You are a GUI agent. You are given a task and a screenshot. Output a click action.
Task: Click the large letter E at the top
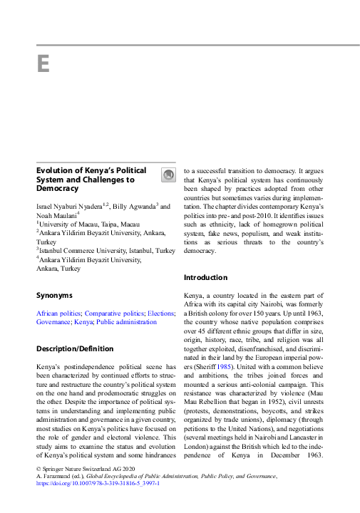(43, 64)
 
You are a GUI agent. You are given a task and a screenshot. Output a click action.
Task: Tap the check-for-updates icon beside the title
(168, 175)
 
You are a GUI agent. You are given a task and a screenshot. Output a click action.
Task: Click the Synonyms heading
(54, 295)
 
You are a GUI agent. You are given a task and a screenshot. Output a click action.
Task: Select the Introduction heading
(206, 277)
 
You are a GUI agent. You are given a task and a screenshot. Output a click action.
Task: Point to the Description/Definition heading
(74, 348)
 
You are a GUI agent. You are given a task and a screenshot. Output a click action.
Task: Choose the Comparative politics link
(114, 313)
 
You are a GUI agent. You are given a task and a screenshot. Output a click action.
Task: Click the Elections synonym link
(161, 313)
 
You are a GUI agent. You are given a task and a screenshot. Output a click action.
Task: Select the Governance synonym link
(53, 322)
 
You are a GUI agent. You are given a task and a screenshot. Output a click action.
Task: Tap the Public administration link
(126, 322)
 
